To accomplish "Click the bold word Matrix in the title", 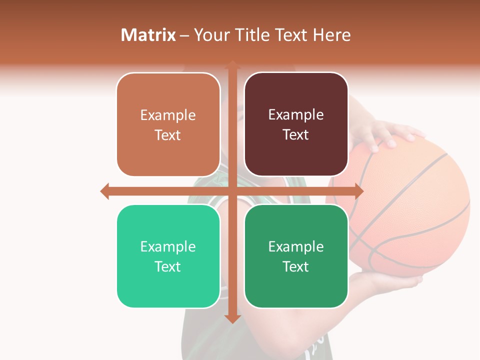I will (148, 35).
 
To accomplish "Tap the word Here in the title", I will (331, 35).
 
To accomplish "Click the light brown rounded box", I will (168, 124).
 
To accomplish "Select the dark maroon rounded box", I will (296, 124).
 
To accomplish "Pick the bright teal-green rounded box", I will (168, 256).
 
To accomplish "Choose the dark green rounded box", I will (296, 256).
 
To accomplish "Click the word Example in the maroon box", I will (296, 115).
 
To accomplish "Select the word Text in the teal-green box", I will (168, 266).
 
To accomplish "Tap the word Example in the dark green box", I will (296, 246).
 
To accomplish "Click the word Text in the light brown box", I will (168, 135).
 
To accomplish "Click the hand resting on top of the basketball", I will (385, 132).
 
